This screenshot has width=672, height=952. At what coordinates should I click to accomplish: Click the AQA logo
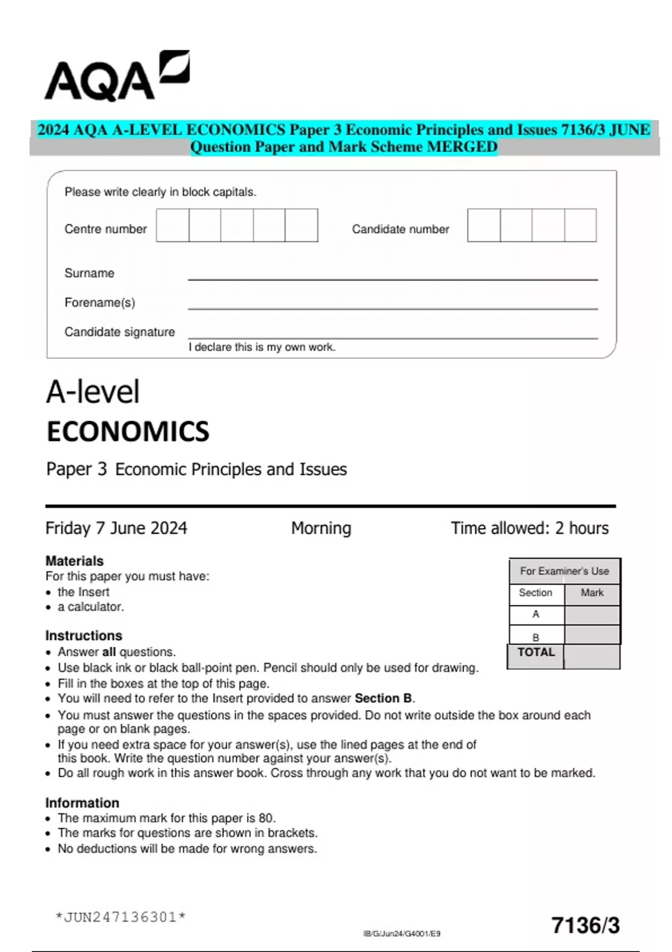point(116,77)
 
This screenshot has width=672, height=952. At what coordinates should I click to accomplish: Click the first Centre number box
point(172,226)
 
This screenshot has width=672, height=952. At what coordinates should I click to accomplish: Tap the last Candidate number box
point(580,226)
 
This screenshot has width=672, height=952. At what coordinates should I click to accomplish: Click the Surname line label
point(89,273)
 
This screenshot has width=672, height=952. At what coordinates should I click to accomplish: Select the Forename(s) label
point(100,303)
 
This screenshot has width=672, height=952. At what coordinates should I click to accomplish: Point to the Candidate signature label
point(119,332)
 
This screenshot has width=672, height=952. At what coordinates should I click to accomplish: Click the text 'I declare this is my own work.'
point(262,347)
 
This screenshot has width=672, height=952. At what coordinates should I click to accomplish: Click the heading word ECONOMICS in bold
point(128,432)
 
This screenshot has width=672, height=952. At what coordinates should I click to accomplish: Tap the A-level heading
point(92,391)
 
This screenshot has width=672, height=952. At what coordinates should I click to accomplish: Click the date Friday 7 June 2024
point(116,528)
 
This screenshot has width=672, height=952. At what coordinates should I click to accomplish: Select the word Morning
point(321,528)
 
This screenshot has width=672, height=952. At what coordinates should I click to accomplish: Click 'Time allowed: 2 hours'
point(529,528)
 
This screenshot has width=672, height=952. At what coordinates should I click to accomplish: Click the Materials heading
point(74,561)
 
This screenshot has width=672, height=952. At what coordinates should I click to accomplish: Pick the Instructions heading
point(83,636)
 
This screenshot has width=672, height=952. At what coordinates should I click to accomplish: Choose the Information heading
point(82,802)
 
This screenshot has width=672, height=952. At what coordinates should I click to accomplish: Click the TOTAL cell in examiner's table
point(535,653)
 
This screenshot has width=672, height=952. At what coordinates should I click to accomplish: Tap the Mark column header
point(592,593)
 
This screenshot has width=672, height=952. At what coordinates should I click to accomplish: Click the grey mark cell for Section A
point(592,615)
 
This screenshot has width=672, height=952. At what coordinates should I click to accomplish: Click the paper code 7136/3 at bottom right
point(585,925)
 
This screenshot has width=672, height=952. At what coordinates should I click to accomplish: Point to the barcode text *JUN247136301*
point(120,917)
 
